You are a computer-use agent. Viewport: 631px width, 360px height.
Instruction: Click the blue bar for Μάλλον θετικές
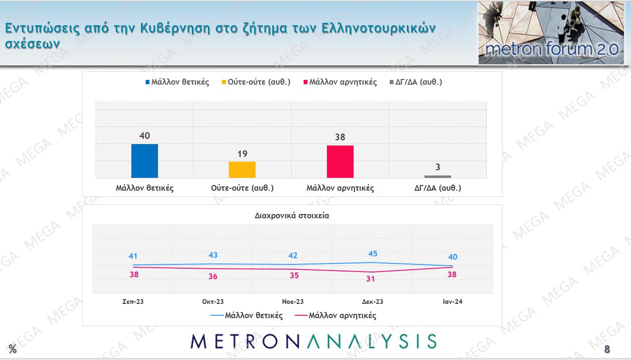pos(145,161)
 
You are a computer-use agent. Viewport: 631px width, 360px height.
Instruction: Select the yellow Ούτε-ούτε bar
pos(242,170)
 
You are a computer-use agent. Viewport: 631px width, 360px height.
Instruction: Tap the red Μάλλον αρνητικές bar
pos(340,162)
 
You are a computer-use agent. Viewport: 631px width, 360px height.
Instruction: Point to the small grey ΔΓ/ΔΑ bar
pos(438,176)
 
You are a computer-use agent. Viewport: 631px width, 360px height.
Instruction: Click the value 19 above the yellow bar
pos(242,154)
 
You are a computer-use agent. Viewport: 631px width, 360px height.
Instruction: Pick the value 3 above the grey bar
pos(438,167)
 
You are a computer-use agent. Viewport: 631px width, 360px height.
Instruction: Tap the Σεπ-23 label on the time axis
pos(133,302)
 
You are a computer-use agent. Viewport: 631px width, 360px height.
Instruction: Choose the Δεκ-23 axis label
pos(373,302)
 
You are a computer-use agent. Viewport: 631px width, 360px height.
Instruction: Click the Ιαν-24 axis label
pos(452,302)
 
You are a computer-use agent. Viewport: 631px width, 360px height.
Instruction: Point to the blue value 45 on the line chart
pos(373,253)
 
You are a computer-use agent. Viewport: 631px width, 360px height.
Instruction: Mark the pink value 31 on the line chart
pos(371,279)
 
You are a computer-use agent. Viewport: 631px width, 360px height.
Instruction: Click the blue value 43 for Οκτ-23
pos(213,255)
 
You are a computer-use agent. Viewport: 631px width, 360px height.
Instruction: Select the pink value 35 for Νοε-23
pos(294,275)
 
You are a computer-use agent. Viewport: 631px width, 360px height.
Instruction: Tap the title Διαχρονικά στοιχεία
pos(292,215)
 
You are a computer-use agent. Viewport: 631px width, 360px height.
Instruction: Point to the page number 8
pos(607,350)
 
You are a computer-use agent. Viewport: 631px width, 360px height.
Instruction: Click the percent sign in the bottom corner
pos(12,350)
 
